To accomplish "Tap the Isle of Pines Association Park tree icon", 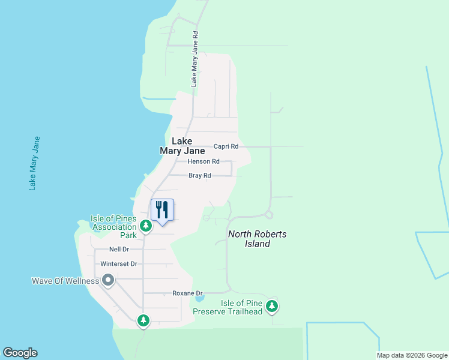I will (145, 226).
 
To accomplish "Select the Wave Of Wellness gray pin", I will (108, 281).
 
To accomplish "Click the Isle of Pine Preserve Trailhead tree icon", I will (272, 306).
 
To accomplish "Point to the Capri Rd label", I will (226, 146).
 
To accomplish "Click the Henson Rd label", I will (203, 161).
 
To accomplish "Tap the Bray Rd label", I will (200, 176).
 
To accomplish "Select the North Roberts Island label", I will (257, 239).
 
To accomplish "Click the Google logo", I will (20, 353).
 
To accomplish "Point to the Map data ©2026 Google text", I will (411, 355).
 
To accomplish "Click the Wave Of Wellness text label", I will (66, 281).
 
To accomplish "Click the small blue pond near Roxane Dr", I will (200, 298).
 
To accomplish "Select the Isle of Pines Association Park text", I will (113, 227).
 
